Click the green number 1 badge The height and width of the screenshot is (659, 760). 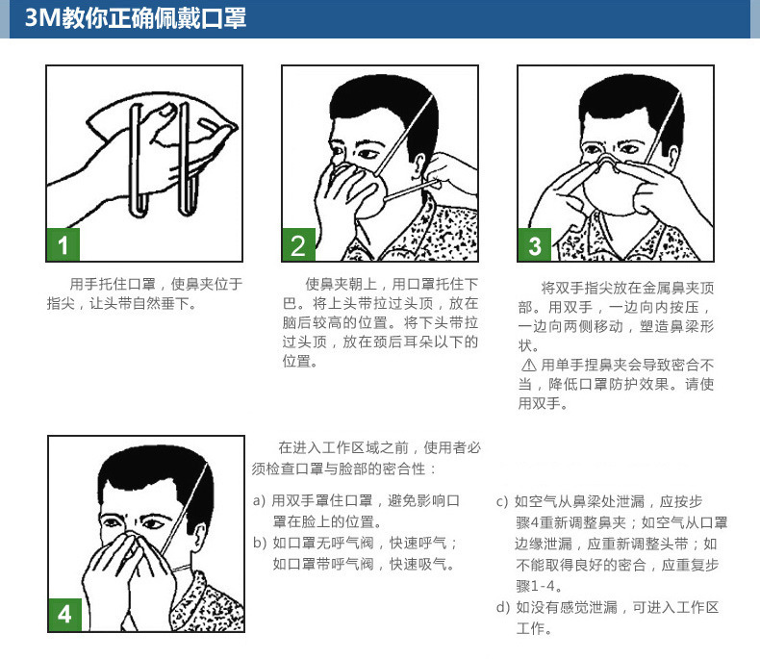click(63, 244)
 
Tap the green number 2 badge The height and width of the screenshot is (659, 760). click(298, 244)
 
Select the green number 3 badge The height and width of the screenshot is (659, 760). click(534, 244)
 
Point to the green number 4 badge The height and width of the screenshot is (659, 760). click(65, 615)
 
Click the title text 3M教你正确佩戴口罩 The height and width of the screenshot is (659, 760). click(136, 18)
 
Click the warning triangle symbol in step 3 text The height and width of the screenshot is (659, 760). click(529, 365)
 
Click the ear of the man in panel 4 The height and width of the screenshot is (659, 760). click(199, 537)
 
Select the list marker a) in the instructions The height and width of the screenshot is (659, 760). click(259, 500)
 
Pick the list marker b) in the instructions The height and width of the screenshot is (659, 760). click(260, 543)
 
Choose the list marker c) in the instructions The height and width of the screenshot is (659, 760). click(502, 501)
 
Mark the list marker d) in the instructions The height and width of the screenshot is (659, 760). click(502, 607)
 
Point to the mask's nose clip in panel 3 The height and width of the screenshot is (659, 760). click(607, 161)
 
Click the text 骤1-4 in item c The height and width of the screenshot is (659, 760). click(539, 586)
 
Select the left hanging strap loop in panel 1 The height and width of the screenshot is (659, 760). click(138, 160)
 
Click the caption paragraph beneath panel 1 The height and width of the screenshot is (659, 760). click(144, 293)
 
